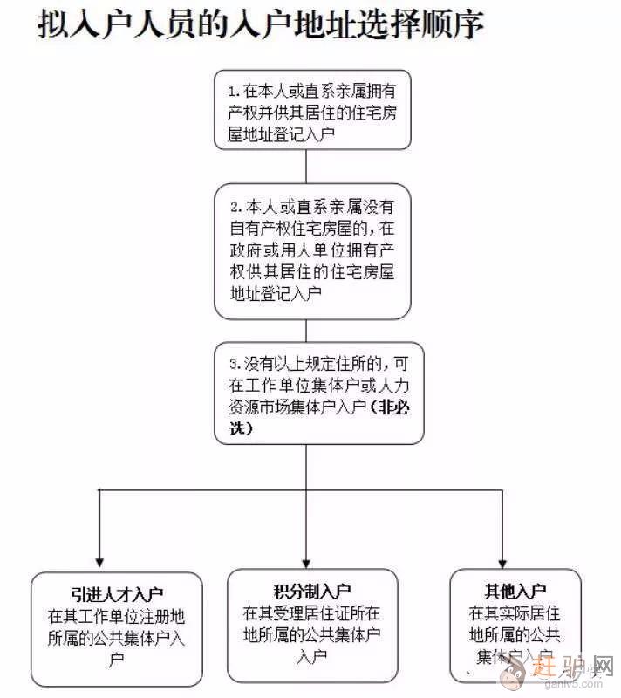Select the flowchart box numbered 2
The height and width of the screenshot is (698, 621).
(x=312, y=250)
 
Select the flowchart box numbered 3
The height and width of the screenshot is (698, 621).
(x=319, y=393)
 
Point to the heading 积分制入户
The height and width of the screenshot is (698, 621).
(x=312, y=591)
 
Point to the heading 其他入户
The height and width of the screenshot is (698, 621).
(x=515, y=591)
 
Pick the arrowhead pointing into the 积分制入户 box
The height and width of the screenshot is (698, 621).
(x=305, y=562)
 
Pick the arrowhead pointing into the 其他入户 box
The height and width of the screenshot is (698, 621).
(x=502, y=562)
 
